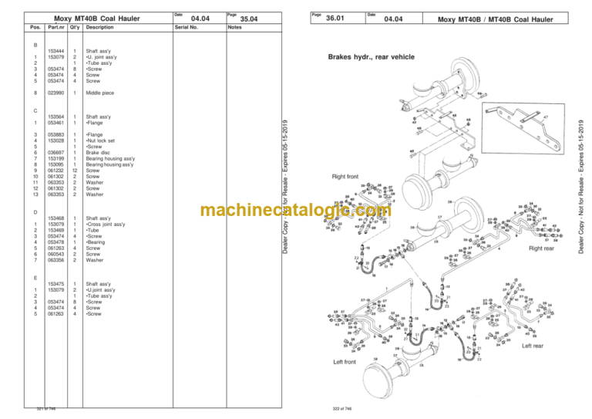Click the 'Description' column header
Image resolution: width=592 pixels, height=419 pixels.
(x=99, y=27)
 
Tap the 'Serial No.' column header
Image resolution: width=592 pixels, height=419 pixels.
(x=187, y=27)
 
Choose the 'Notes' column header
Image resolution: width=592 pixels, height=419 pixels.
(x=235, y=27)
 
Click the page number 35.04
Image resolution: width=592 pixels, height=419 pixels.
(x=249, y=19)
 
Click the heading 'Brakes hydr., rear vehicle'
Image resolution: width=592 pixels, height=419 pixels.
(x=372, y=57)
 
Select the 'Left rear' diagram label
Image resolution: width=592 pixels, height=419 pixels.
(x=533, y=346)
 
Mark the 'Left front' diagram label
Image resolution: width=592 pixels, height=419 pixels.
(x=344, y=361)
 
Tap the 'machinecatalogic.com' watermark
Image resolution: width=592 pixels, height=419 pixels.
(x=295, y=210)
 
